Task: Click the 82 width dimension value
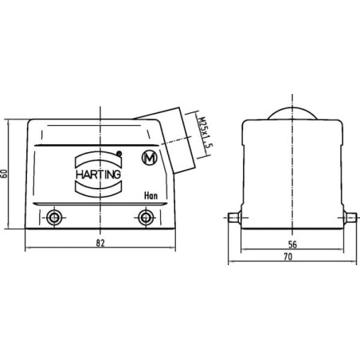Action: [100, 243]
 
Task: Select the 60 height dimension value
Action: [4, 174]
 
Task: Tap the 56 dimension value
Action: [292, 245]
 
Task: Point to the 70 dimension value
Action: [288, 256]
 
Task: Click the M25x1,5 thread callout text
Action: [204, 135]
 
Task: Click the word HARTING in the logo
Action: [98, 174]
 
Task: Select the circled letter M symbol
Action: [150, 158]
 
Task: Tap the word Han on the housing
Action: [151, 196]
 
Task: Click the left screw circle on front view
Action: [54, 217]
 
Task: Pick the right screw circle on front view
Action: [146, 217]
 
